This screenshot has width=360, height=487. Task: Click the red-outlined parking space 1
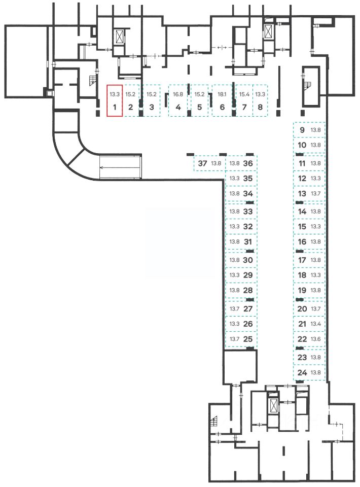tap(115, 101)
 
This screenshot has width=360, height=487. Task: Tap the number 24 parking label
tap(303, 373)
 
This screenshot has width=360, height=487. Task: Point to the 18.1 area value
tap(222, 94)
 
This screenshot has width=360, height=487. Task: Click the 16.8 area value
tap(178, 94)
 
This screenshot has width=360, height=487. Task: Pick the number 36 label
tap(248, 163)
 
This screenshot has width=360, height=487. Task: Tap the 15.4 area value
tap(244, 94)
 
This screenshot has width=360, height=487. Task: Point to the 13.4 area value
tap(316, 324)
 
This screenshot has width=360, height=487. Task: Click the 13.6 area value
tap(316, 339)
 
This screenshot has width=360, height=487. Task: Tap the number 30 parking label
tap(248, 260)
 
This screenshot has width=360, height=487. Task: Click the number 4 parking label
tap(178, 108)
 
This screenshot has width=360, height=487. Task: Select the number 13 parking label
tap(302, 194)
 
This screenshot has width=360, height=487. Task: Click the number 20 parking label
tap(302, 308)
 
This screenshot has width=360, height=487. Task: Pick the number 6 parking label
tap(222, 108)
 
